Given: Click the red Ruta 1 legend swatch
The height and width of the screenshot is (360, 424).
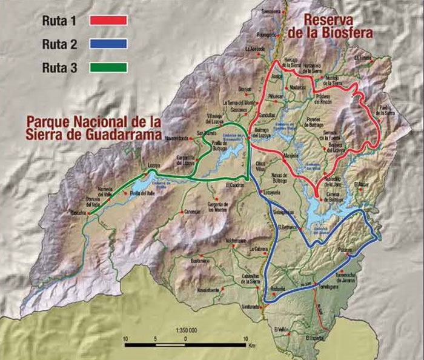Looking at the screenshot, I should point(108,19).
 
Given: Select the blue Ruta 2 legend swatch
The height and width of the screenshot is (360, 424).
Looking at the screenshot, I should point(108,43).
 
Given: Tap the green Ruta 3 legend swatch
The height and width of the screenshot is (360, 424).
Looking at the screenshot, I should point(108,67).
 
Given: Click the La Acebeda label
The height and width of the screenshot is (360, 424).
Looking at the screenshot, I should point(255,49).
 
